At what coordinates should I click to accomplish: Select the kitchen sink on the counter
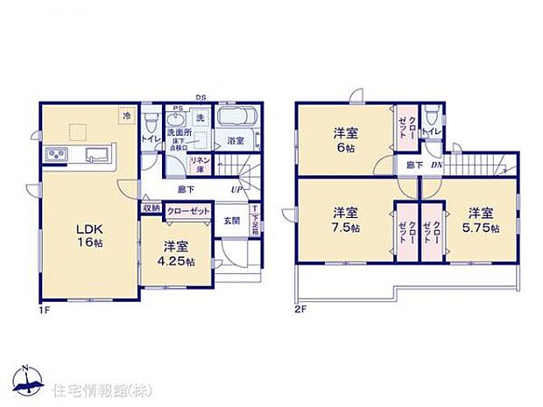[x=94, y=156]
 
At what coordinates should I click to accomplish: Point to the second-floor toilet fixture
[x=429, y=116]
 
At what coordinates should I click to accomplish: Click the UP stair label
[x=236, y=189]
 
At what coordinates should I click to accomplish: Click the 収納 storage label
[x=152, y=209]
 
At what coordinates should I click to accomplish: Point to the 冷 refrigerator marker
[x=127, y=116]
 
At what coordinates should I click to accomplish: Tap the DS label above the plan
[x=201, y=97]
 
